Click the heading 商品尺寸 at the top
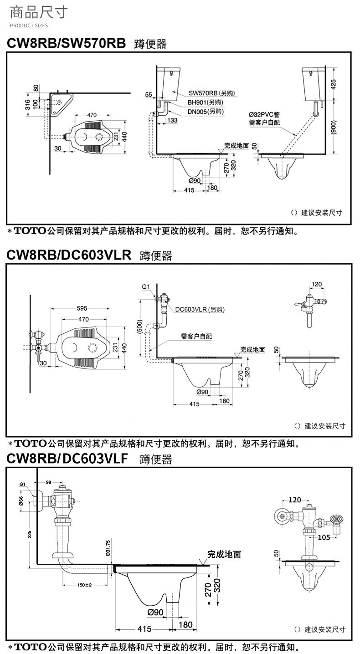click(x=39, y=12)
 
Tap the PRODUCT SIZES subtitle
click(x=29, y=26)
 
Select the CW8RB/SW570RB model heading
click(x=66, y=43)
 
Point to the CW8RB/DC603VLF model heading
click(x=69, y=458)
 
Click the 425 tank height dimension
click(x=334, y=84)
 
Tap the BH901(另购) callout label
click(x=205, y=102)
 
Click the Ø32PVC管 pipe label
click(x=264, y=114)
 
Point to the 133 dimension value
click(x=172, y=120)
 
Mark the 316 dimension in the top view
click(x=27, y=104)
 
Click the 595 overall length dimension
click(x=82, y=308)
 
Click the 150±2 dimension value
click(x=85, y=584)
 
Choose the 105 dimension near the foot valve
click(x=324, y=537)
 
